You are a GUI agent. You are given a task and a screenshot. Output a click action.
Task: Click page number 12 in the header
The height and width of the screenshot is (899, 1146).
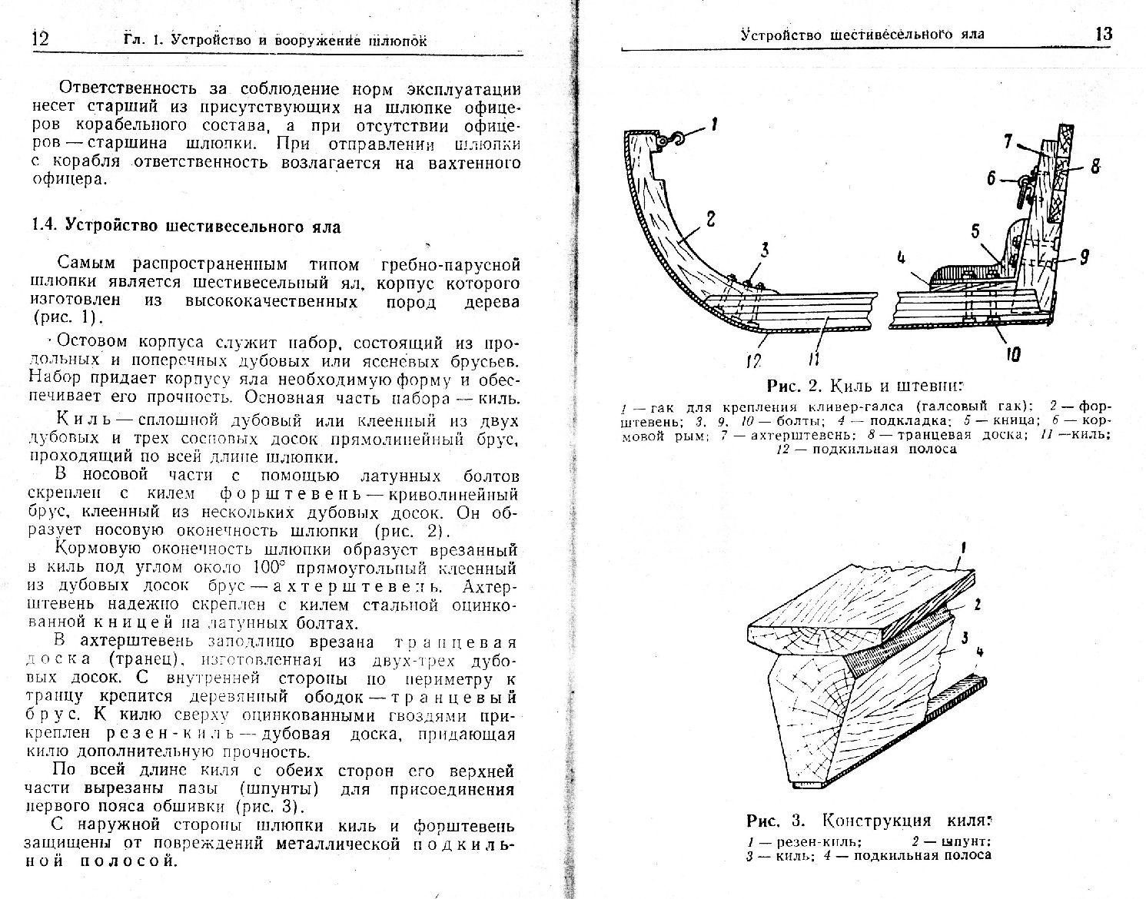point(39,38)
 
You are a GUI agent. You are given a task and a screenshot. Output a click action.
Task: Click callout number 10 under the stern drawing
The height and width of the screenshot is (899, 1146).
point(1012,354)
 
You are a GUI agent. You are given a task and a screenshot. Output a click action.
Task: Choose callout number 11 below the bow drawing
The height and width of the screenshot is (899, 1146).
point(815,357)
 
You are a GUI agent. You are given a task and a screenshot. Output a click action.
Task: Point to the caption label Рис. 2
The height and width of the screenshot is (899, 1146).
point(794,385)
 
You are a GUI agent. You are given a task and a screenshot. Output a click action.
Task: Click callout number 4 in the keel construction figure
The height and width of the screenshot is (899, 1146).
point(978,654)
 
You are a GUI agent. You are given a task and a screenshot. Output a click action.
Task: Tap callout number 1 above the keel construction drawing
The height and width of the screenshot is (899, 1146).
point(964,548)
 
